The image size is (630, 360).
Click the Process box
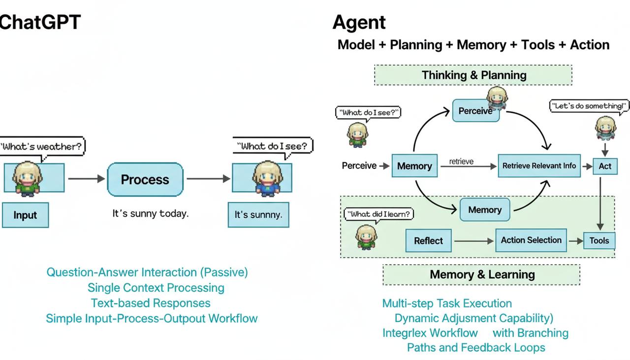click(x=145, y=180)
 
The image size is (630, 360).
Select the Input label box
click(x=25, y=215)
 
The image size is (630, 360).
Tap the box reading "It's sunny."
click(x=258, y=215)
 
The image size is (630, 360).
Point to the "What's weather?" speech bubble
click(x=42, y=146)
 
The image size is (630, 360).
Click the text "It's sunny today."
click(x=151, y=213)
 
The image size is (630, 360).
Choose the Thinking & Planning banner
click(x=473, y=75)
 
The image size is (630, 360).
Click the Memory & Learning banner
click(x=482, y=274)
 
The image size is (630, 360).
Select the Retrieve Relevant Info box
click(x=539, y=166)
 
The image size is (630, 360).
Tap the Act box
click(x=605, y=166)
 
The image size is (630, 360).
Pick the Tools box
click(x=599, y=241)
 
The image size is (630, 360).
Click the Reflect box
click(x=428, y=241)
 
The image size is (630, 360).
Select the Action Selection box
click(x=531, y=240)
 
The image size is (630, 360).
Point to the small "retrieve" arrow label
click(x=461, y=161)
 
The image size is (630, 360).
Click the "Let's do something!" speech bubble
click(x=589, y=106)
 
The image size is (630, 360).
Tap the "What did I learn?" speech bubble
click(x=378, y=214)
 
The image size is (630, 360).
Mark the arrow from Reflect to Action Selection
click(x=473, y=241)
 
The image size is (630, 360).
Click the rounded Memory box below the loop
click(x=485, y=210)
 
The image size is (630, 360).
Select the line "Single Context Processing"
click(x=156, y=288)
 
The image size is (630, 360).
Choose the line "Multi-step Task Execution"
click(x=447, y=303)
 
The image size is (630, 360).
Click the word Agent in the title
click(x=359, y=23)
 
